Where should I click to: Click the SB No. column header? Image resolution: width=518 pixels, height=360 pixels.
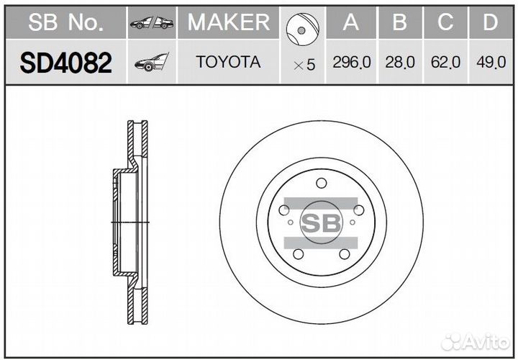click(65, 22)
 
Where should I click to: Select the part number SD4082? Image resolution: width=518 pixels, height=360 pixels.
click(65, 63)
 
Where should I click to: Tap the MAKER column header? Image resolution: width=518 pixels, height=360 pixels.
click(229, 22)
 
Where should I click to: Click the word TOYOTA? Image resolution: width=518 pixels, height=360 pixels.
click(228, 62)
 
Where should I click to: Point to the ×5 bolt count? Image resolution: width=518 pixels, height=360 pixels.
click(304, 65)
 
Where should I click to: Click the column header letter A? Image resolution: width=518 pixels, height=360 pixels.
click(351, 22)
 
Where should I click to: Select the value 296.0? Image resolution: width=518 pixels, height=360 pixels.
click(352, 62)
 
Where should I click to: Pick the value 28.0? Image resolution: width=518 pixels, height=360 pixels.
click(400, 62)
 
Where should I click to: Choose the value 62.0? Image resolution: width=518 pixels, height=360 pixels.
click(445, 62)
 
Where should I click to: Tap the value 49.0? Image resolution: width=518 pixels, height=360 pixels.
click(491, 62)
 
